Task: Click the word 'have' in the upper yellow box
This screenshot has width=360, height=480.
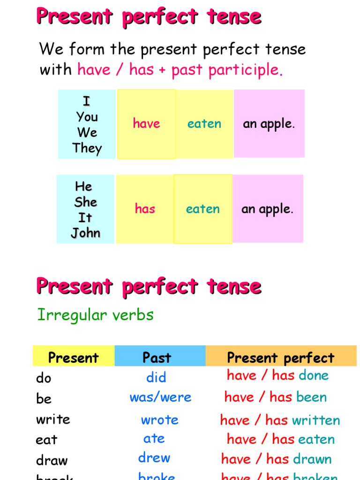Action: (146, 124)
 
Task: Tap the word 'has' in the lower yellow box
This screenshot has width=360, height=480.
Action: (145, 209)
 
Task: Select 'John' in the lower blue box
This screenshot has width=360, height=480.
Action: (86, 233)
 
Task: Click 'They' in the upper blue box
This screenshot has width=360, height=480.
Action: (87, 149)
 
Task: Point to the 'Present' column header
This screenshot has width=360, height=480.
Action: (74, 358)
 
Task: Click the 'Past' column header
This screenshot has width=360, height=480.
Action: (157, 358)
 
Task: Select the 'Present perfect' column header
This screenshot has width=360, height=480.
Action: (280, 358)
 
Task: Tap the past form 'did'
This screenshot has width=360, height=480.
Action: (156, 377)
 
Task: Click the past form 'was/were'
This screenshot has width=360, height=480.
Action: (160, 397)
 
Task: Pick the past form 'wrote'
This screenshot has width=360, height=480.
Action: (159, 420)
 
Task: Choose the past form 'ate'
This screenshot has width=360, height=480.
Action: (154, 439)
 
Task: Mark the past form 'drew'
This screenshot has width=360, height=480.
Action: (154, 458)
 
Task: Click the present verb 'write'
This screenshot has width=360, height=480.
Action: (53, 419)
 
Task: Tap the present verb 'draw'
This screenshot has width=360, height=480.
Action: (52, 460)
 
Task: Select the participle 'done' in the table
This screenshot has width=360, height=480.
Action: (314, 375)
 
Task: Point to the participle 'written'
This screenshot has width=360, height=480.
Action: (315, 420)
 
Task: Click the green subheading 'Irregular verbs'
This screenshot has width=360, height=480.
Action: (96, 315)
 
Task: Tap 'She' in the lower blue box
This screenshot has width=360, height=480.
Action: (86, 202)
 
